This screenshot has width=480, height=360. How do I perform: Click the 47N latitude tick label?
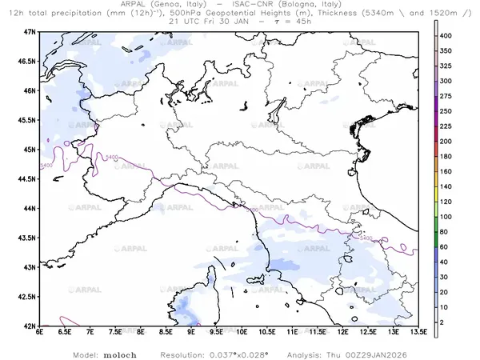[30, 31]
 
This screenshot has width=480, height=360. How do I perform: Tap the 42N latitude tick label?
[30, 326]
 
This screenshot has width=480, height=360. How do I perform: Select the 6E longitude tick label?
[39, 332]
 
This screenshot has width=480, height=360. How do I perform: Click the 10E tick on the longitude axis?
[242, 332]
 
